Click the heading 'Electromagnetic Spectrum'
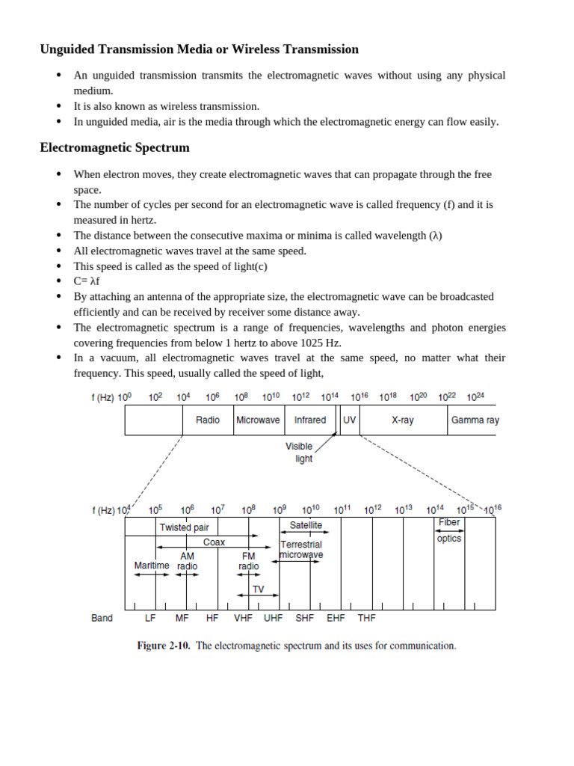pos(114,147)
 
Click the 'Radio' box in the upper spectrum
pos(208,420)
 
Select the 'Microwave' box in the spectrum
pos(258,420)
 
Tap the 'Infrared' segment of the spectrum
pos(309,420)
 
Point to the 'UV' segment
pos(349,420)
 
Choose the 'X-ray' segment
pos(403,420)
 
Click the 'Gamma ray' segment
pos(475,420)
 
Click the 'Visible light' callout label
pos(299,453)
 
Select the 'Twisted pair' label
pos(184,527)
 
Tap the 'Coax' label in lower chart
pos(214,542)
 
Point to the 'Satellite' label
pos(306,525)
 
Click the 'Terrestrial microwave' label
pos(301,550)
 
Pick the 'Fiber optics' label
pos(449,530)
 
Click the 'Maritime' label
pos(152,566)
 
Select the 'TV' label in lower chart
pos(258,589)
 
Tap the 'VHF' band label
pos(243,619)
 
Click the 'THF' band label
pos(366,619)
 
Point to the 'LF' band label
pos(150,619)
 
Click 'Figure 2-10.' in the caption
pos(164,646)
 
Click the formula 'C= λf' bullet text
pos(87,281)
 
